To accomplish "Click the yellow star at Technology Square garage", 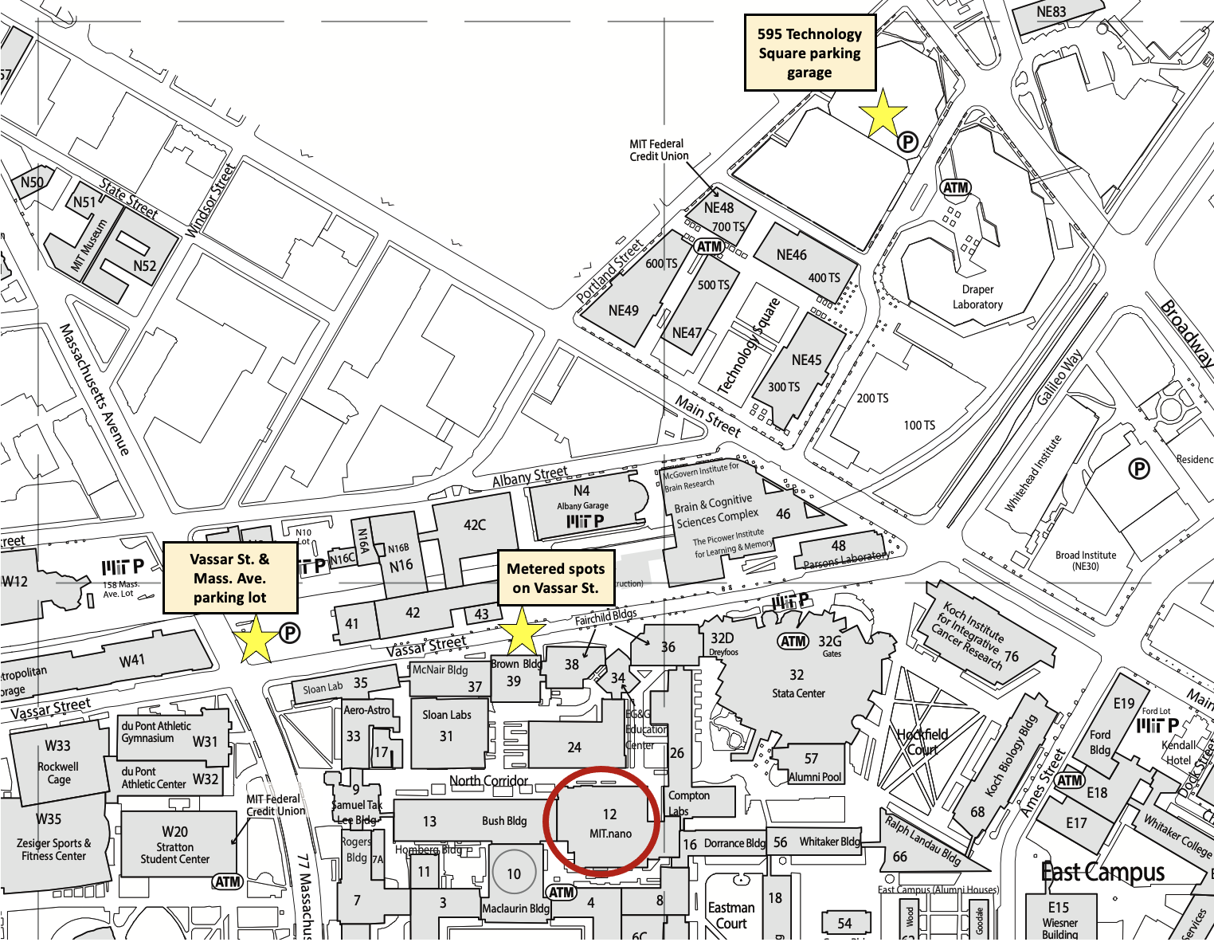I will (883, 113).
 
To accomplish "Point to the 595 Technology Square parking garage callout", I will (809, 53).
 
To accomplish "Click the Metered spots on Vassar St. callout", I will (555, 578).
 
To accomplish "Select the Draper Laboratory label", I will (977, 296).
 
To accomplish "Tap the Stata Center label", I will (798, 693).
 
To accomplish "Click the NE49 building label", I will (623, 311).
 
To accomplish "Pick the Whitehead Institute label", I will (1033, 473).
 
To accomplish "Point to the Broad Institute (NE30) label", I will (1086, 560).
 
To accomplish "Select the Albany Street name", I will (530, 477).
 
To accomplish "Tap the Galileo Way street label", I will (1059, 377).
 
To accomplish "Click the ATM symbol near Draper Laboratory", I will (956, 188).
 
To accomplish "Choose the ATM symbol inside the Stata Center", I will (793, 642).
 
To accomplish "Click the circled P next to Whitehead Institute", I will (1140, 469).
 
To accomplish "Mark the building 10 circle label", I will (514, 873).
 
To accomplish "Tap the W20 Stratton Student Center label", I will (175, 845).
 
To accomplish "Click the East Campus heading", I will (1102, 873).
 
